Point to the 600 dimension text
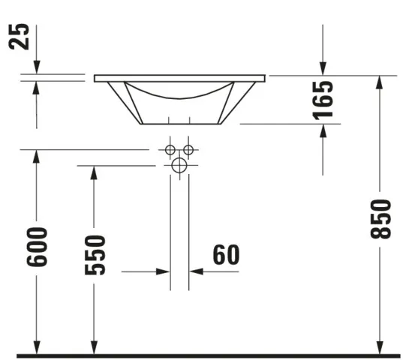coord(37,246)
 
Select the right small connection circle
coord(188,149)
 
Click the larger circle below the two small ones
coord(179,166)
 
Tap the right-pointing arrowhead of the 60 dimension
coord(163,271)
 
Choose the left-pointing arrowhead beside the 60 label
coord(196,271)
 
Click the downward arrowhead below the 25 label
coord(37,68)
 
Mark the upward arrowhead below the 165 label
coord(323,130)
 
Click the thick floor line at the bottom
coord(203,354)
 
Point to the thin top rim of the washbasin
coord(180,77)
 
